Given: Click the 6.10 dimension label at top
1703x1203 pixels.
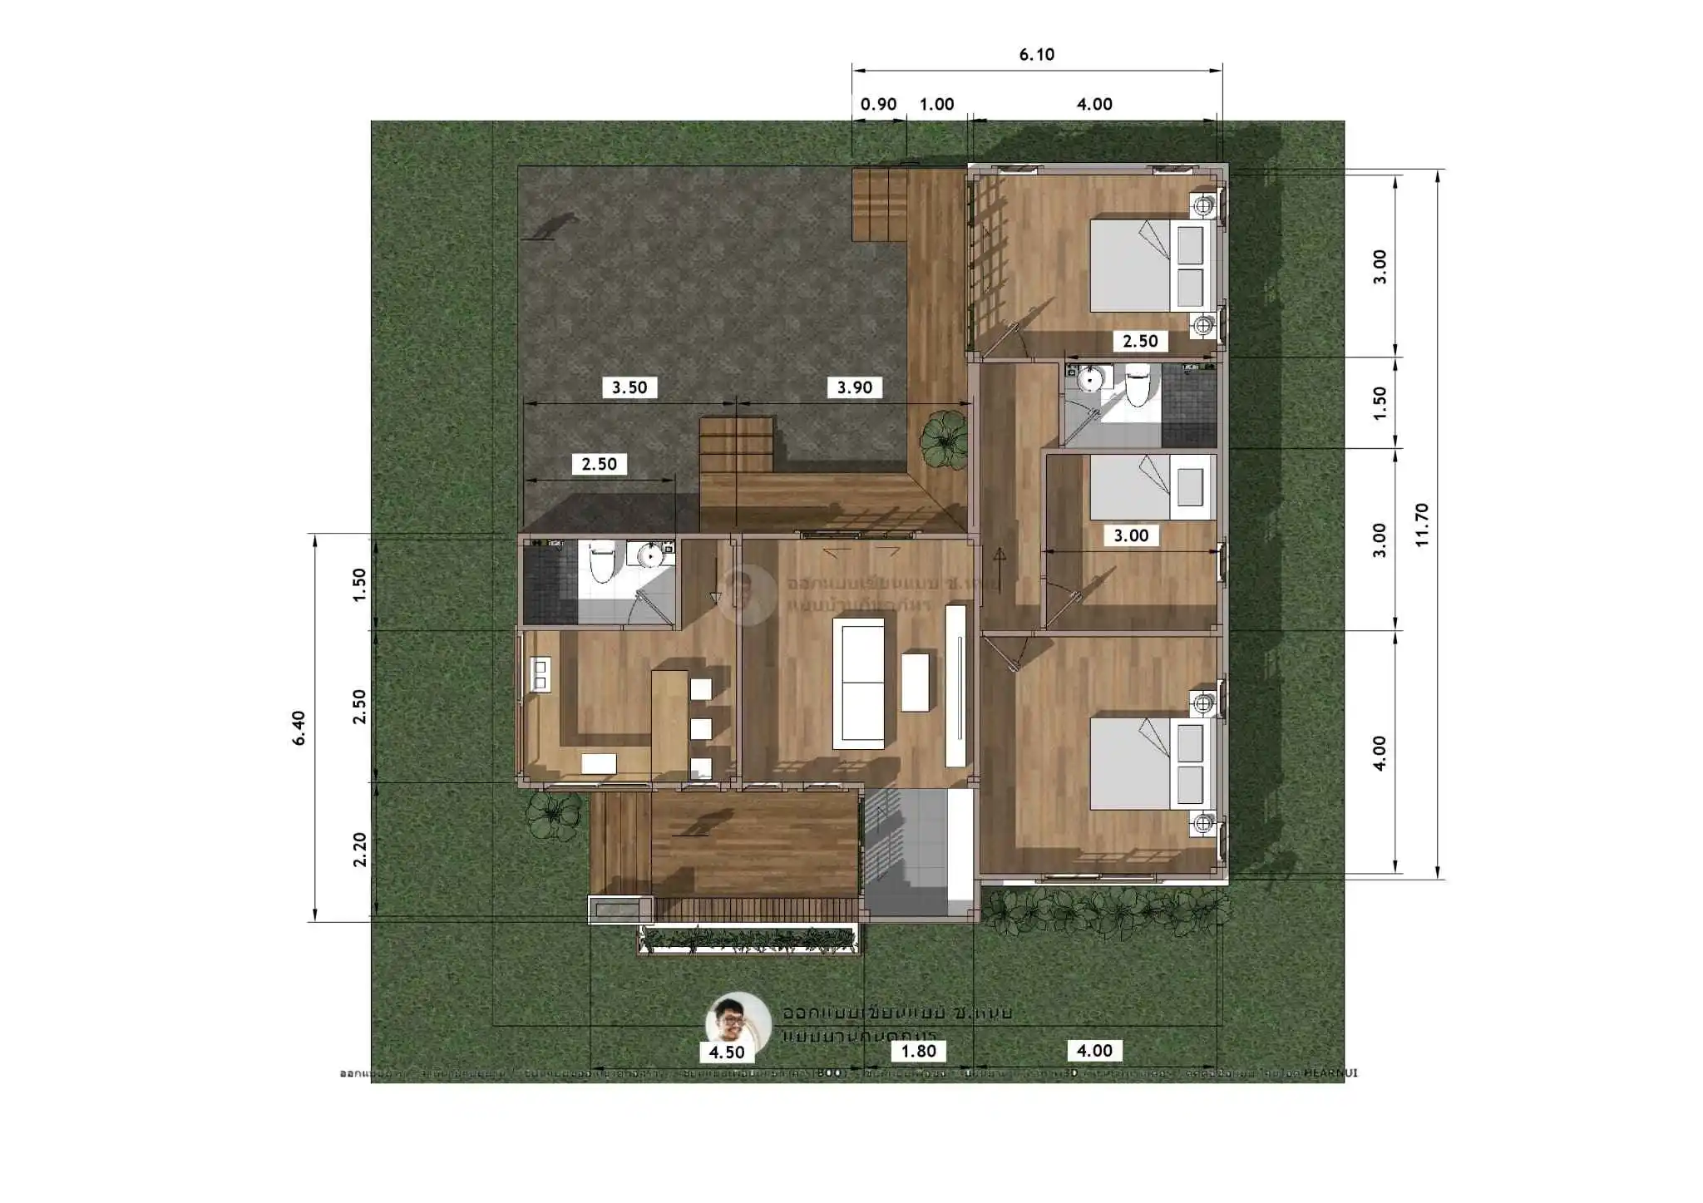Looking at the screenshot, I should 1036,55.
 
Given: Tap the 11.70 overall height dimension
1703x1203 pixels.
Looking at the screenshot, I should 1421,525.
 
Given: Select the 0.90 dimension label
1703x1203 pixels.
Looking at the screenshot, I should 878,105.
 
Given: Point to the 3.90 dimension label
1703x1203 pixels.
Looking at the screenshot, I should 854,387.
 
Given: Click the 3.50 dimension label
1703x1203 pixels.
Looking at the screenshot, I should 629,387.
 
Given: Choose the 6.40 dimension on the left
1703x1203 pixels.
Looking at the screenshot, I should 299,727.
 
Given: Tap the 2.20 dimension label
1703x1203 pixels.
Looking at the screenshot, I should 359,850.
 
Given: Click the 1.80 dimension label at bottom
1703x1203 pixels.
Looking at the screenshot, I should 918,1051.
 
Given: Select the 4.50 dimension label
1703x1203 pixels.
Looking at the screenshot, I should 726,1053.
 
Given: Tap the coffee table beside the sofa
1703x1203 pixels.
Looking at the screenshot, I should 915,683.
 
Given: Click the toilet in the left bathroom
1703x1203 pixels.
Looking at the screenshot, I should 601,561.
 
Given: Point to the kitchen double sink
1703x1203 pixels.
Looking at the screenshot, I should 541,673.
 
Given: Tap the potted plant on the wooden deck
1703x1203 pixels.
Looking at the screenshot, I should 943,439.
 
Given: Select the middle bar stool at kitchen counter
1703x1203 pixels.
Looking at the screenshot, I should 701,729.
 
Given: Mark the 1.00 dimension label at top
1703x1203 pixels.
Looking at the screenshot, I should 936,105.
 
